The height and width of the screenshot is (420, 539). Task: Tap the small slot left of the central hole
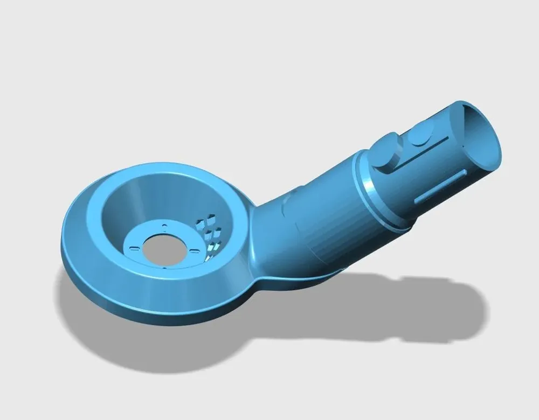(133, 248)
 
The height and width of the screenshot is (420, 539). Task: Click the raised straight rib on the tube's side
(441, 186)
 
